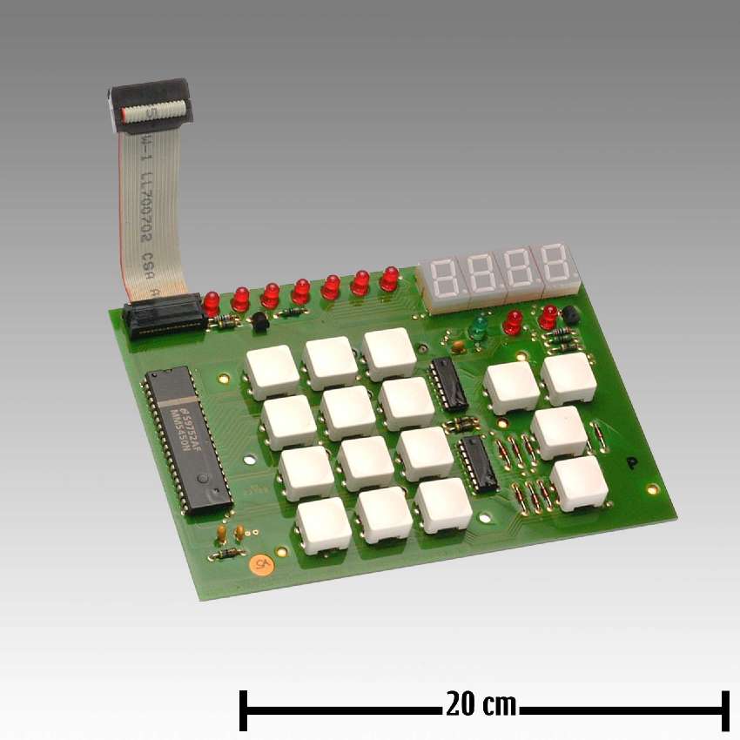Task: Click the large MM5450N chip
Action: (x=187, y=440)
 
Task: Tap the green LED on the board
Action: (x=477, y=328)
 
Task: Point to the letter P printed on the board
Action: (x=632, y=463)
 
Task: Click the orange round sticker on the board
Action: (x=259, y=566)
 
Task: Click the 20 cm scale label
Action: (x=481, y=703)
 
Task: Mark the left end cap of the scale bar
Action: (x=244, y=710)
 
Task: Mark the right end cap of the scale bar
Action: (x=724, y=710)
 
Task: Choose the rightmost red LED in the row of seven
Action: (x=389, y=279)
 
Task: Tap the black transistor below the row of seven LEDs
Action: (x=259, y=324)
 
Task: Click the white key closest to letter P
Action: (x=579, y=482)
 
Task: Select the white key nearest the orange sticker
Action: (x=324, y=525)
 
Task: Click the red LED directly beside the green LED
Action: (x=514, y=321)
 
